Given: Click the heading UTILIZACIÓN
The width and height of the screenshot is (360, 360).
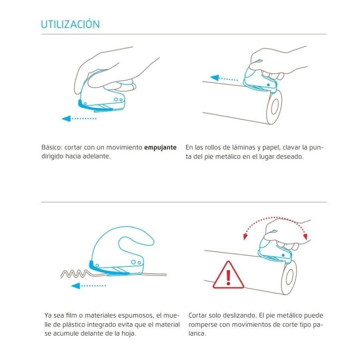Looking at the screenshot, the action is (x=70, y=24).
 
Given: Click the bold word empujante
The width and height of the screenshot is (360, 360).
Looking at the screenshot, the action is (x=160, y=148).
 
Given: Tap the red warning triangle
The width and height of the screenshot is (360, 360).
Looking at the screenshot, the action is (x=228, y=275).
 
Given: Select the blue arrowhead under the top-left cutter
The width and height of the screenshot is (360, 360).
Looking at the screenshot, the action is (x=66, y=118).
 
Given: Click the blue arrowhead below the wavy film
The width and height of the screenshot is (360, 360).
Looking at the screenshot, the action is (x=76, y=286).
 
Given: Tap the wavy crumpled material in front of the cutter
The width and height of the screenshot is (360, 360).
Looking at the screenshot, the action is (x=75, y=274).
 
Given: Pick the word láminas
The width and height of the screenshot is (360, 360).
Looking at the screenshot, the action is (x=244, y=147).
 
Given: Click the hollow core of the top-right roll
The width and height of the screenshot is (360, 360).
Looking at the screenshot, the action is (x=274, y=107).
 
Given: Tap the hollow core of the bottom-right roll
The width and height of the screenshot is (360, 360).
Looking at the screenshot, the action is (x=289, y=277).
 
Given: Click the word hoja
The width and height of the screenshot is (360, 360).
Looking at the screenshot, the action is (x=128, y=333).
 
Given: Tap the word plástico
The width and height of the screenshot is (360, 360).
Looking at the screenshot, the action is (x=72, y=324).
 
